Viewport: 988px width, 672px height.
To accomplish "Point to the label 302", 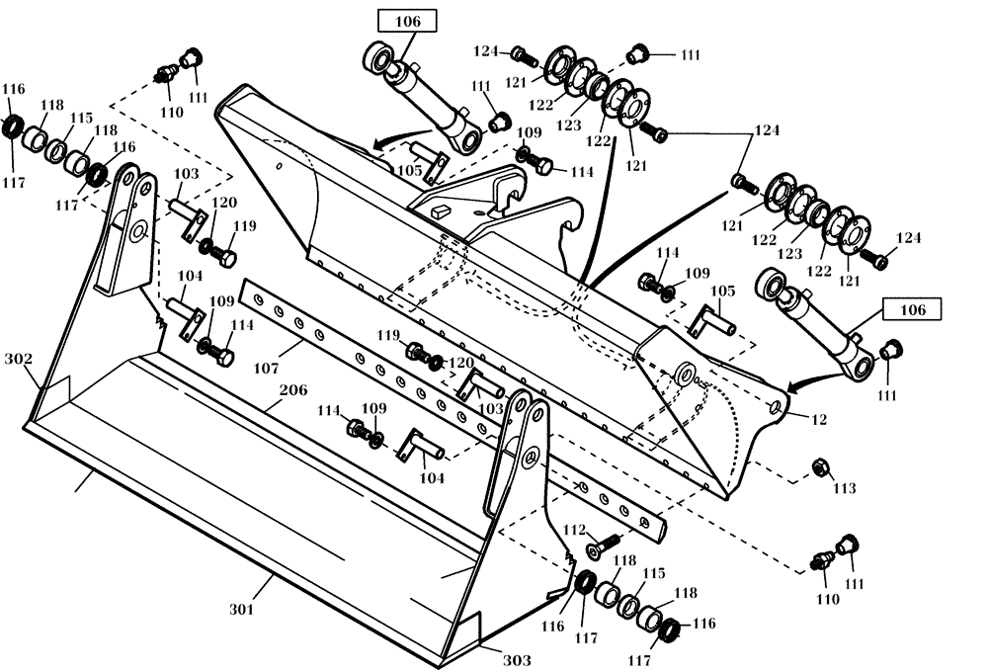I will (x=19, y=358).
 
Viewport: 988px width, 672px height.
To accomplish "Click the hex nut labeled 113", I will (x=818, y=465).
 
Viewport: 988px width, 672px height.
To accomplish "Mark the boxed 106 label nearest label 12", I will (x=912, y=310).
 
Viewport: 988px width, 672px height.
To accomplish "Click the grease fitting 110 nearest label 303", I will (x=819, y=561).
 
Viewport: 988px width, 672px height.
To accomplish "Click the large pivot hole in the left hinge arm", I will (x=136, y=232).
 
